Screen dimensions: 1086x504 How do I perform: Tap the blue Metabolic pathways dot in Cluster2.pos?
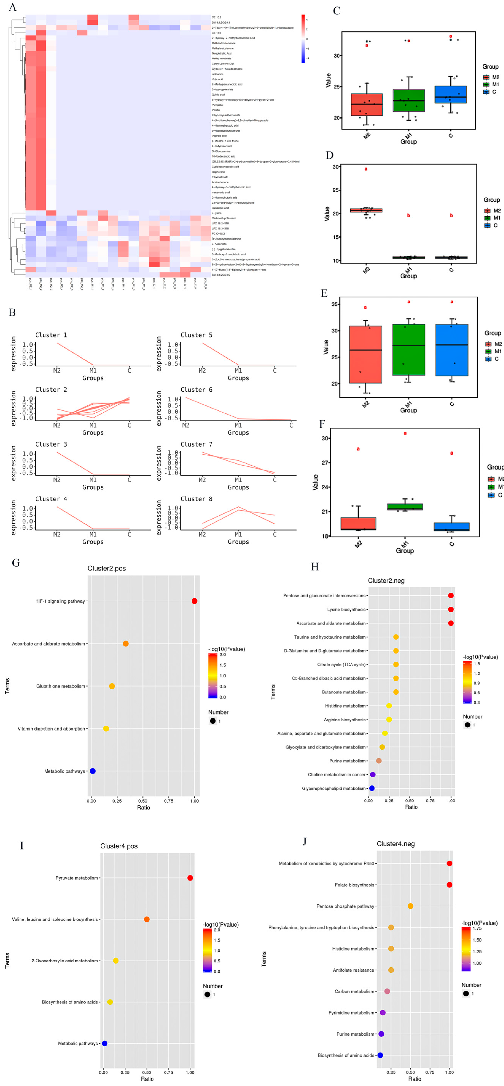click(93, 771)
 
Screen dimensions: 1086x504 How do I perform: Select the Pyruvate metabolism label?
click(77, 878)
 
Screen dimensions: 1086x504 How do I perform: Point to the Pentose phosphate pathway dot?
click(410, 906)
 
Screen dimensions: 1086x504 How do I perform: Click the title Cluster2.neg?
click(386, 581)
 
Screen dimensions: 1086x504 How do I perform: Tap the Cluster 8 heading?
click(196, 499)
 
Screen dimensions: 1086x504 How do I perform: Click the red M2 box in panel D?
click(366, 210)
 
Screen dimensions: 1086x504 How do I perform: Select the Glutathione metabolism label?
click(61, 686)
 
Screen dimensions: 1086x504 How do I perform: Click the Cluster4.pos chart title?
click(118, 846)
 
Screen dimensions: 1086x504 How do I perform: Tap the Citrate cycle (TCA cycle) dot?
click(396, 664)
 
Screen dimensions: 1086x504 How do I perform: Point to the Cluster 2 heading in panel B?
click(51, 390)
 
